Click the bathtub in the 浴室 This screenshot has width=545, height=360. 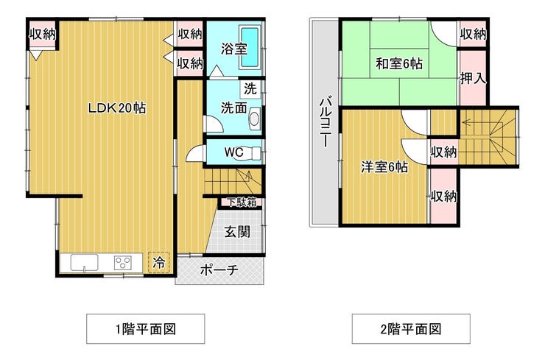[x=250, y=48]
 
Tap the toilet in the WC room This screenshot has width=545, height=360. [x=248, y=153]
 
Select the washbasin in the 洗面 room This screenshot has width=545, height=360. [x=255, y=119]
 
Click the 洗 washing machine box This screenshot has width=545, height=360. [x=250, y=89]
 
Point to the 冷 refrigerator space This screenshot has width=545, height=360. [x=159, y=262]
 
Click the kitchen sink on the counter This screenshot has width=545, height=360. [x=84, y=262]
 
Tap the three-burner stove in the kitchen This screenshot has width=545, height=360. [x=123, y=262]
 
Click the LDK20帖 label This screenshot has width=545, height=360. [x=117, y=108]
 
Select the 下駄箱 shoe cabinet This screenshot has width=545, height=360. [x=242, y=202]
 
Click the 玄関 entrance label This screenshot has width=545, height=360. [x=237, y=231]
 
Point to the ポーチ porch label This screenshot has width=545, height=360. [x=219, y=270]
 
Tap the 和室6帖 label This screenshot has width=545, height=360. [x=399, y=64]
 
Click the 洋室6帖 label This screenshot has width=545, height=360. [x=384, y=167]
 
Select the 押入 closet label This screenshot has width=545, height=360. [x=473, y=79]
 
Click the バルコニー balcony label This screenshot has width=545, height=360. [x=326, y=121]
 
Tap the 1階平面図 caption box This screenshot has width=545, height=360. [x=146, y=329]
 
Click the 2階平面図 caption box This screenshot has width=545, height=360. [x=411, y=329]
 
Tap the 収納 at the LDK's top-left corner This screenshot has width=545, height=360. [x=43, y=34]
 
